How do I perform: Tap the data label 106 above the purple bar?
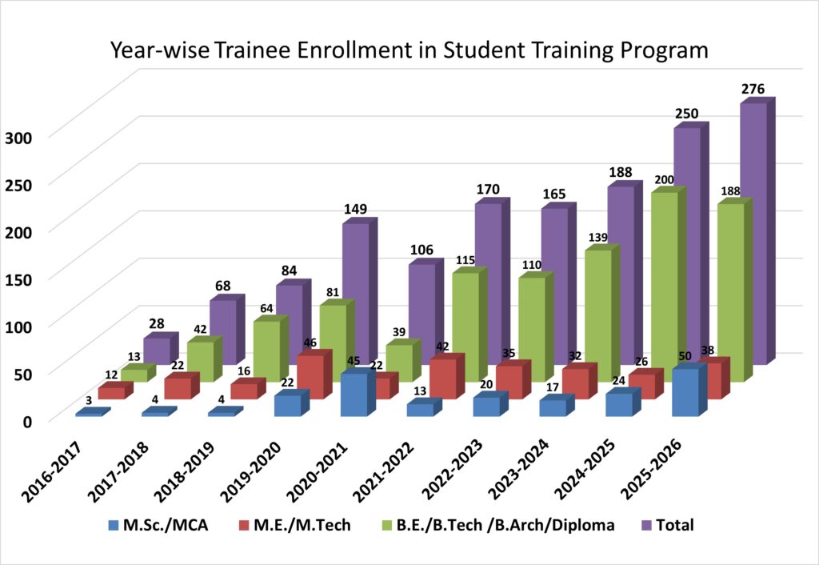pos(422,250)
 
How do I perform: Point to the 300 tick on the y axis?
pos(17,136)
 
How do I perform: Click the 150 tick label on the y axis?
pos(17,278)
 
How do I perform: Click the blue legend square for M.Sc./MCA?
pos(112,526)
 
